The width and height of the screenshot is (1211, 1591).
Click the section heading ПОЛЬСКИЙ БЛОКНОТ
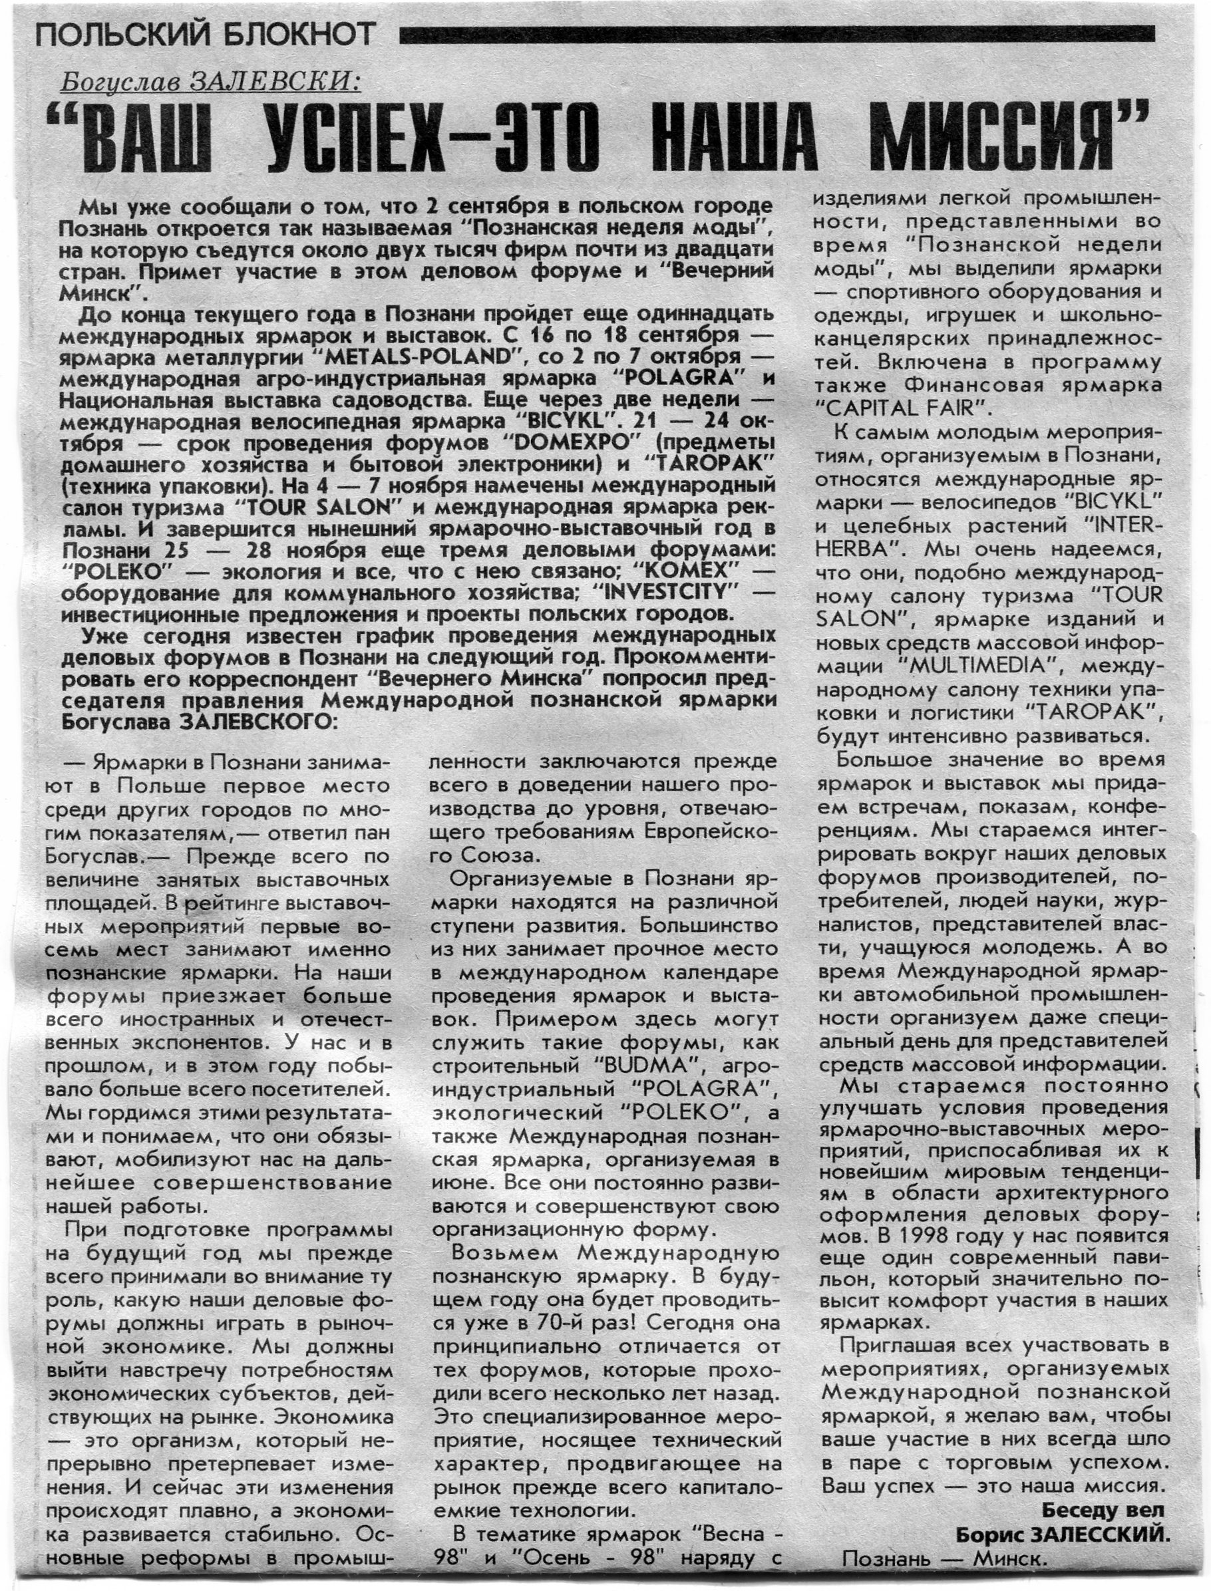(x=206, y=34)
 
